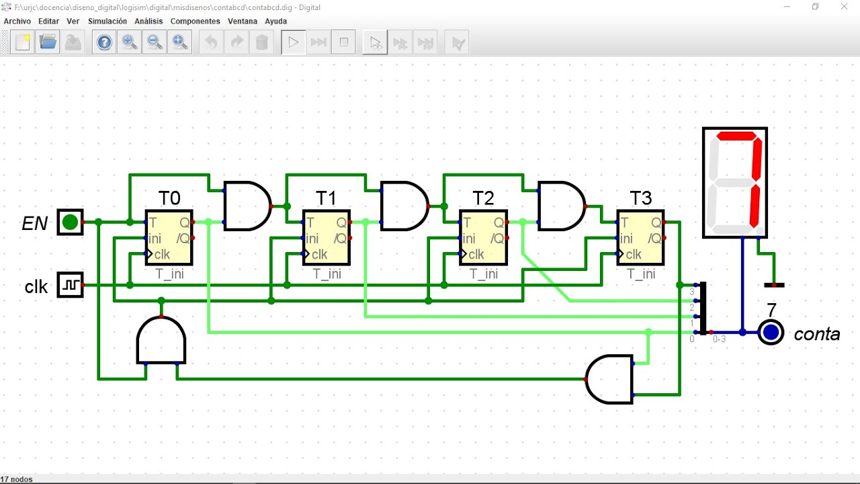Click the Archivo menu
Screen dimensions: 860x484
click(17, 21)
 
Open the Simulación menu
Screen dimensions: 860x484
click(107, 21)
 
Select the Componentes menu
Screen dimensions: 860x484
click(195, 21)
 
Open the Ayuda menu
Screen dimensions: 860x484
click(275, 21)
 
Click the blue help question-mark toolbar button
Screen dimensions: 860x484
click(104, 42)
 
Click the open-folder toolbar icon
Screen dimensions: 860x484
click(48, 42)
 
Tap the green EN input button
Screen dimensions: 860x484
click(71, 222)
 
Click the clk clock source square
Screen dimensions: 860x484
click(71, 284)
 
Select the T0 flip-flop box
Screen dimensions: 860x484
click(169, 238)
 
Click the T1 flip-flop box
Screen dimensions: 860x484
click(327, 238)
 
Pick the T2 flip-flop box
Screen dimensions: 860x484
click(483, 238)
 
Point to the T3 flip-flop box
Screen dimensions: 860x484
click(641, 238)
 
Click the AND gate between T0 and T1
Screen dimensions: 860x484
click(248, 206)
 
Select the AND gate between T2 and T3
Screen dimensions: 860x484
click(562, 206)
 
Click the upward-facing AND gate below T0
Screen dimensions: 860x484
click(161, 340)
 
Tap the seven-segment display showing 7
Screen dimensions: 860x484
click(735, 182)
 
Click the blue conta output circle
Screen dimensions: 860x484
click(771, 332)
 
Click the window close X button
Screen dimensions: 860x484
click(844, 7)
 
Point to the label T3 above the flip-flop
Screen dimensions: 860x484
click(641, 198)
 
